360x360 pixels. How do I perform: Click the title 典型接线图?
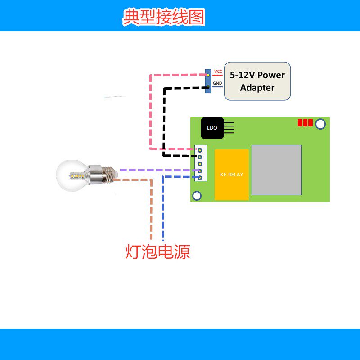(164, 17)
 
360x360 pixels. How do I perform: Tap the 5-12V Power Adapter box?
(257, 81)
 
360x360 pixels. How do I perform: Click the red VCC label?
(218, 72)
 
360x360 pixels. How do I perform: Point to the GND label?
(217, 83)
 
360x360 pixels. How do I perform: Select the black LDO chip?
(212, 128)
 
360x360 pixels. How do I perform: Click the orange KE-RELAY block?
(232, 175)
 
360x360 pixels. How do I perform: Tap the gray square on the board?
(277, 170)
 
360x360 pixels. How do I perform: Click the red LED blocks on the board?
(305, 122)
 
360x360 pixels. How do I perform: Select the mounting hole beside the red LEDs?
(320, 124)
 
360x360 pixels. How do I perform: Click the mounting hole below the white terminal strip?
(197, 196)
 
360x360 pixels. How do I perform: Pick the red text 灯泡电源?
(157, 252)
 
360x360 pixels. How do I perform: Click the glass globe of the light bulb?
(71, 175)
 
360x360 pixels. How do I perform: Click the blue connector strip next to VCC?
(208, 81)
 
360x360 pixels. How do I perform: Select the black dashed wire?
(164, 121)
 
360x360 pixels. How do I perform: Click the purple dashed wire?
(160, 170)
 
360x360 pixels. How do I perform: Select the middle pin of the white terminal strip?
(200, 164)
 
